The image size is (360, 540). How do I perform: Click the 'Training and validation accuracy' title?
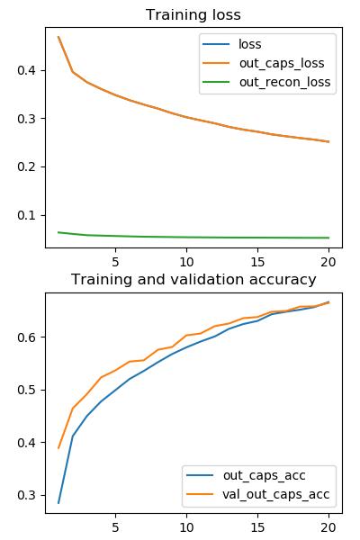pos(193,280)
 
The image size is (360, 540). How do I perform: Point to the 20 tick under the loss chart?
pos(328,262)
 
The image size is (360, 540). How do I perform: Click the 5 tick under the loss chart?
pos(115,262)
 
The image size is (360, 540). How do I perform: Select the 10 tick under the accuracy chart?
pos(186,527)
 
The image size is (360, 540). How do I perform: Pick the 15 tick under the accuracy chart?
pos(257,527)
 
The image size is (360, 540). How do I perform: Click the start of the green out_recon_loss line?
pos(58,232)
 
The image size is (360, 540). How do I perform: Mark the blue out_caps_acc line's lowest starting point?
pos(58,503)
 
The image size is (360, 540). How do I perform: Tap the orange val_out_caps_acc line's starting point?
pos(58,448)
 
